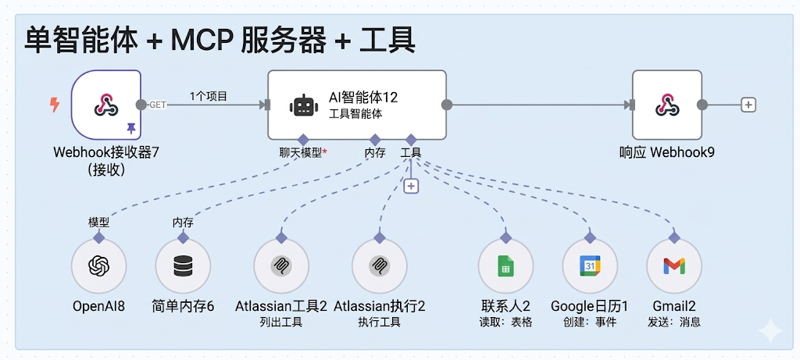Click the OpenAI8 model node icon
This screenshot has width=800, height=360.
click(x=98, y=266)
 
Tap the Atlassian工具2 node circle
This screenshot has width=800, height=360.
click(x=281, y=266)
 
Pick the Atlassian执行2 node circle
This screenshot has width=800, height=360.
click(x=379, y=266)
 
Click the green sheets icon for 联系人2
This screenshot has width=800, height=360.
click(x=505, y=266)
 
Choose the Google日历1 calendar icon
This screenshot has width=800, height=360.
click(x=590, y=266)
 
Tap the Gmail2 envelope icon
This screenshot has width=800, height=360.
click(x=674, y=266)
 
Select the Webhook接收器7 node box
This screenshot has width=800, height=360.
click(x=106, y=104)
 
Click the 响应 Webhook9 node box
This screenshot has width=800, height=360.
click(x=666, y=104)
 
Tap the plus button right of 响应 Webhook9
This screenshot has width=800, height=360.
click(x=748, y=105)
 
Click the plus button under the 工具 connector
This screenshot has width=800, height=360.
click(x=411, y=186)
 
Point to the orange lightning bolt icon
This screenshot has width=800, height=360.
click(x=55, y=105)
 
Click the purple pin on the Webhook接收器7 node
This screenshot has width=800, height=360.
click(x=130, y=127)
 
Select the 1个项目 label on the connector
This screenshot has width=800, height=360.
click(x=208, y=97)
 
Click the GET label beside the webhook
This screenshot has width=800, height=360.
click(x=158, y=105)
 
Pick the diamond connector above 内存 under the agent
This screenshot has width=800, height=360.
click(x=375, y=139)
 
